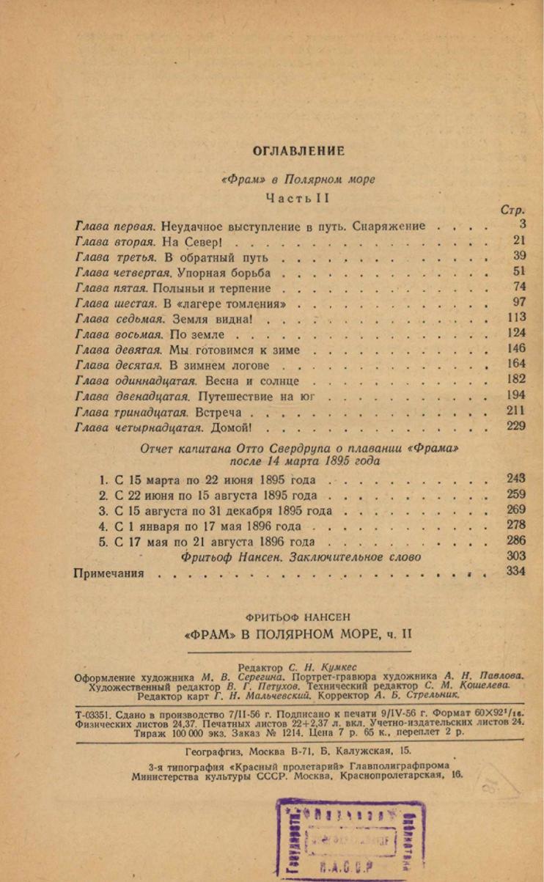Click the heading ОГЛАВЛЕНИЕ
pyautogui.click(x=298, y=151)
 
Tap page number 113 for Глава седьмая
pyautogui.click(x=516, y=317)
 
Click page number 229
pyautogui.click(x=516, y=427)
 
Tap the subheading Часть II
pyautogui.click(x=298, y=198)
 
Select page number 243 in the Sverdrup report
pyautogui.click(x=516, y=479)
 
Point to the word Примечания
pyautogui.click(x=109, y=573)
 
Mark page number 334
pyautogui.click(x=516, y=572)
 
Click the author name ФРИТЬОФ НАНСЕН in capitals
pyautogui.click(x=298, y=617)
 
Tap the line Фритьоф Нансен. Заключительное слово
pyautogui.click(x=301, y=557)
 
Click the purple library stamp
pyautogui.click(x=350, y=838)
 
